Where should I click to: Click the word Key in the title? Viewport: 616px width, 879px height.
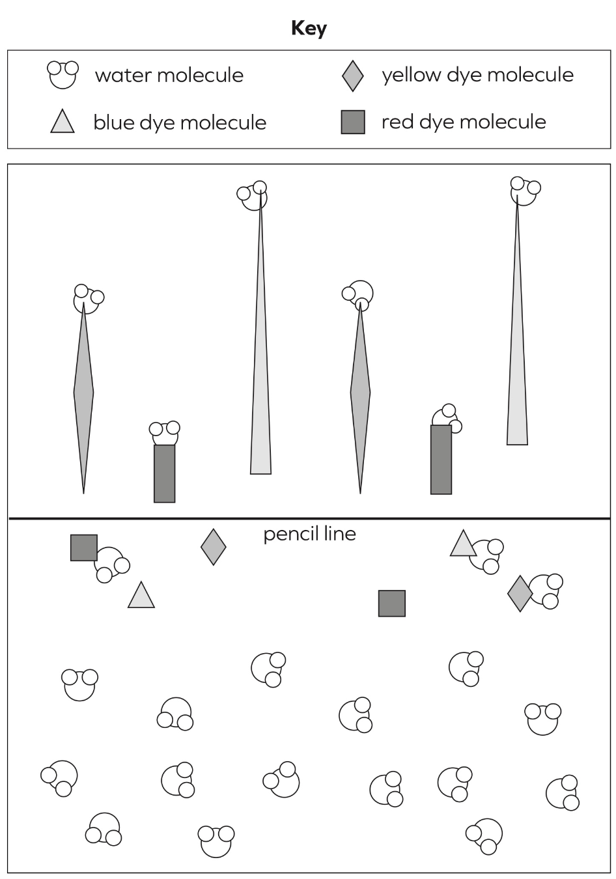309,29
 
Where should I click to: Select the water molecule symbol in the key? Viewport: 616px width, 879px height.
63,75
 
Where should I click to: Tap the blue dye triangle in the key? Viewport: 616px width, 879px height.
63,121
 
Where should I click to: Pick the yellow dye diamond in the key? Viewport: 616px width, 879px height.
353,76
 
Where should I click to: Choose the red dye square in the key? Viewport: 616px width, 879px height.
353,122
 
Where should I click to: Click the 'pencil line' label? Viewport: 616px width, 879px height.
309,535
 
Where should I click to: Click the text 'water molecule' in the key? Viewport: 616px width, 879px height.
169,75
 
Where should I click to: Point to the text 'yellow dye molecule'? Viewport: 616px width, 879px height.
477,75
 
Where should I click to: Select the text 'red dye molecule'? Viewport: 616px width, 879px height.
464,122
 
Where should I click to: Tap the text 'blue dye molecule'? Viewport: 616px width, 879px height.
180,122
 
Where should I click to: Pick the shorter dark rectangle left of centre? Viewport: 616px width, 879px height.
164,473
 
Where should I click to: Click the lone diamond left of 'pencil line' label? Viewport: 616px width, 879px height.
214,547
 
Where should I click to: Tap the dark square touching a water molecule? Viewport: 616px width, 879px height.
83,548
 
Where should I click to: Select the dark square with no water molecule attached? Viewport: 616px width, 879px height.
391,603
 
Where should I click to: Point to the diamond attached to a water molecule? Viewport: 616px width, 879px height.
520,594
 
